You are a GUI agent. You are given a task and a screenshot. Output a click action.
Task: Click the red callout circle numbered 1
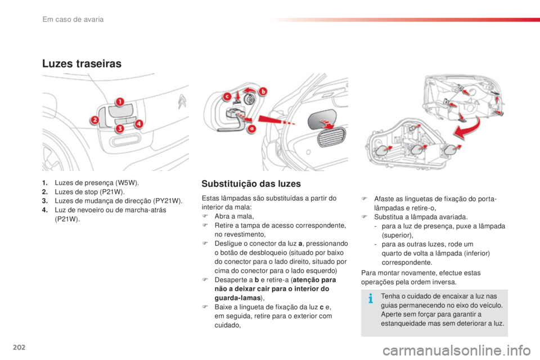click(x=119, y=102)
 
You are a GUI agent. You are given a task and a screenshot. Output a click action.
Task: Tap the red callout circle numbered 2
click(x=96, y=120)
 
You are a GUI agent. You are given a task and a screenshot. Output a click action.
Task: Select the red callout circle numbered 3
click(x=120, y=129)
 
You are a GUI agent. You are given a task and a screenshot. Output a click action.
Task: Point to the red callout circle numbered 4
click(x=138, y=124)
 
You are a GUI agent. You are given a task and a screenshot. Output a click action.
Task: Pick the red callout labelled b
click(x=263, y=91)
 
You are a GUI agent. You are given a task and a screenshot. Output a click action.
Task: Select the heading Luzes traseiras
click(x=82, y=64)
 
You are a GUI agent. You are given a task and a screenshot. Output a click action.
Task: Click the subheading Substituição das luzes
click(x=250, y=184)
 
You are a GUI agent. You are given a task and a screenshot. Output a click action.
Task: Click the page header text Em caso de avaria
click(x=74, y=20)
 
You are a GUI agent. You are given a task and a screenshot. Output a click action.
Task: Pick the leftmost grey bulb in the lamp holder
click(x=381, y=150)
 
